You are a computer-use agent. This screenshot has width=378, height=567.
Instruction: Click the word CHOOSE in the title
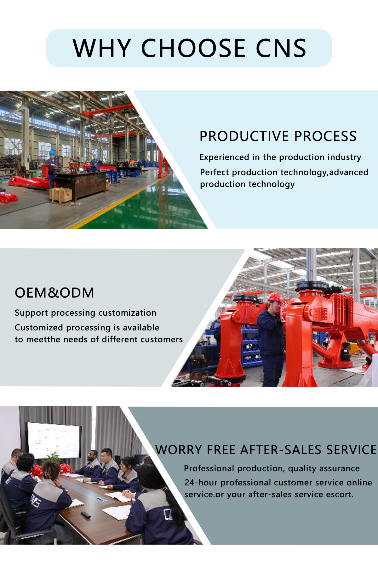(193, 48)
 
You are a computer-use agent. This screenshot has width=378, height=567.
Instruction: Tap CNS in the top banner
(281, 48)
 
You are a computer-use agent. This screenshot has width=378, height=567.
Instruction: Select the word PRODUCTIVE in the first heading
(244, 136)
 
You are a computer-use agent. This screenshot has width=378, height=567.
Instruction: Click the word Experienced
(224, 157)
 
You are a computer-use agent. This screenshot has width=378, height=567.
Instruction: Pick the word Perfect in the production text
(215, 172)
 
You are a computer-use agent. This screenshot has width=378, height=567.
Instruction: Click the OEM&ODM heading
(54, 293)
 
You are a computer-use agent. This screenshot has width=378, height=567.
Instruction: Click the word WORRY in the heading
(179, 450)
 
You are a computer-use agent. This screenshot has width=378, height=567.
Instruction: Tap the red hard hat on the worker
(274, 297)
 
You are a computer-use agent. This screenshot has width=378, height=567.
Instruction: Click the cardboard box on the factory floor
(61, 195)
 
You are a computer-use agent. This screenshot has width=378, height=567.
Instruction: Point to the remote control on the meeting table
(86, 514)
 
